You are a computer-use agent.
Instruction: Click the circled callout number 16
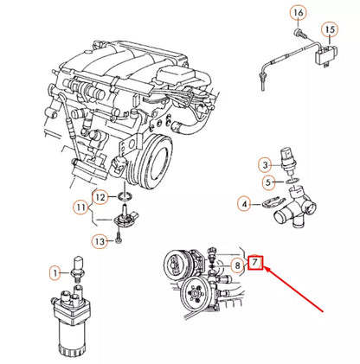pos(299,13)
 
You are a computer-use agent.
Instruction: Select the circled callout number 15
pos(330,29)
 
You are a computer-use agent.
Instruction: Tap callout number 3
pos(266,165)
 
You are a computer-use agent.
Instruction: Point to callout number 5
pos(268,182)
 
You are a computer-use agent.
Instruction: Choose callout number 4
pos(245,204)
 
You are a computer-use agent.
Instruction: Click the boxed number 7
pos(255,263)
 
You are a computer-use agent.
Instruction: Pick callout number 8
pos(238,265)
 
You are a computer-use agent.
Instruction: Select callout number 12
pos(100,197)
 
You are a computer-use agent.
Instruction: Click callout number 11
pos(80,207)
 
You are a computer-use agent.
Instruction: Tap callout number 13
pos(100,241)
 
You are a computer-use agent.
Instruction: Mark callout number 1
pos(55,272)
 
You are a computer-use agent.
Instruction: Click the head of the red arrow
pos(266,269)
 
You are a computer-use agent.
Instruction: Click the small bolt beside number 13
pos(118,238)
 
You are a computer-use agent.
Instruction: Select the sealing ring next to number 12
pos(125,197)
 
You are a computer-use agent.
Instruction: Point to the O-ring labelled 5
pos(292,182)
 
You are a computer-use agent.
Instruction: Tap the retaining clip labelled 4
pos(272,201)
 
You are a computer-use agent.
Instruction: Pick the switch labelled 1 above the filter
pos(79,267)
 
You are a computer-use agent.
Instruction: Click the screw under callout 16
pos(299,33)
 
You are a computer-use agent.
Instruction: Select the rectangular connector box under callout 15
pos(327,55)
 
